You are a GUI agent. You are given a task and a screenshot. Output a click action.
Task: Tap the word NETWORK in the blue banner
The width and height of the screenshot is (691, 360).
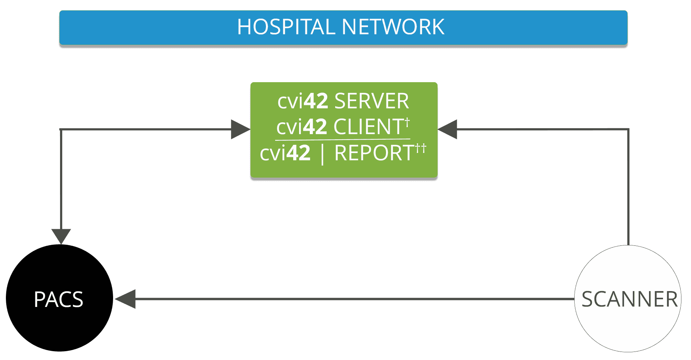(x=393, y=27)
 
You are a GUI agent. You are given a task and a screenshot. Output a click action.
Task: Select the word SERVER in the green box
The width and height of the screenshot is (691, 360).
(x=371, y=101)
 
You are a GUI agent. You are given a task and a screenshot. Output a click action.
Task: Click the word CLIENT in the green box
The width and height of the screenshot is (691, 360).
(x=369, y=127)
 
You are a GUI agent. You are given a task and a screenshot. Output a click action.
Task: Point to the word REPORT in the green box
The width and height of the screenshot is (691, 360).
(x=374, y=153)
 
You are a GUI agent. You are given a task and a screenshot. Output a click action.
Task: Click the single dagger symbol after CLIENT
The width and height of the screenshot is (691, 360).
(x=407, y=122)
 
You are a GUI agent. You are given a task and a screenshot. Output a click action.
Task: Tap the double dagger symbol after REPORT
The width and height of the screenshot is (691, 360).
(x=421, y=148)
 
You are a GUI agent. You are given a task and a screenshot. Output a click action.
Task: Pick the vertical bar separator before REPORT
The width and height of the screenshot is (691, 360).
(x=323, y=154)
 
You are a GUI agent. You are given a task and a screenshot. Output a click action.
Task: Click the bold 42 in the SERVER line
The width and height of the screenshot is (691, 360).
(x=316, y=101)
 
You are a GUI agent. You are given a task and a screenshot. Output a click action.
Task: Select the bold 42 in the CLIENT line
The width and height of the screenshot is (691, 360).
(x=315, y=127)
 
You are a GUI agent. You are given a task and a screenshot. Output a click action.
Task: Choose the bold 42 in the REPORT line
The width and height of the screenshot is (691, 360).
(x=298, y=153)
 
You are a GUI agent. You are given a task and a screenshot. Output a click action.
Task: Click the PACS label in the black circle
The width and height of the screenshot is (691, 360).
(x=59, y=299)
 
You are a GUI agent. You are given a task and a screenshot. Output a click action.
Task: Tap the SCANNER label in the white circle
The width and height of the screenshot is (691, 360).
(x=629, y=299)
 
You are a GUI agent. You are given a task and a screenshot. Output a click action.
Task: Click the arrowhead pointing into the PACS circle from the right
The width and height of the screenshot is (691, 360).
(x=126, y=299)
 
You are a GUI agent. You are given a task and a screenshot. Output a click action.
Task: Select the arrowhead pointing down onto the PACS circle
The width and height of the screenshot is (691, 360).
(x=61, y=235)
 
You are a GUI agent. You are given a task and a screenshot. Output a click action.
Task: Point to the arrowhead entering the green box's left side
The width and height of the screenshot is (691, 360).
(x=240, y=129)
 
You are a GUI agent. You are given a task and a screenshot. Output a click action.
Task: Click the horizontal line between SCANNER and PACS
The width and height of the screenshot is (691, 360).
(x=354, y=299)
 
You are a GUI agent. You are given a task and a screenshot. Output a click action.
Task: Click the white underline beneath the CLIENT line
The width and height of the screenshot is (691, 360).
(x=343, y=140)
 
